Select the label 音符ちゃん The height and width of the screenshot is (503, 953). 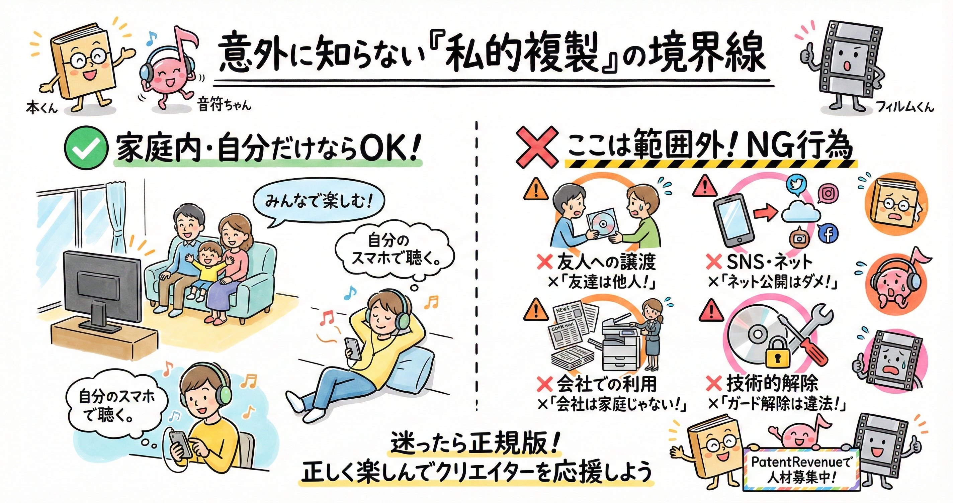tap(224, 105)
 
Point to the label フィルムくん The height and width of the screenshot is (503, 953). tap(904, 107)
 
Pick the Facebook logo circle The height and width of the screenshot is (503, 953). tap(828, 234)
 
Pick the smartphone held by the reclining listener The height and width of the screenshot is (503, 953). tap(353, 348)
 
